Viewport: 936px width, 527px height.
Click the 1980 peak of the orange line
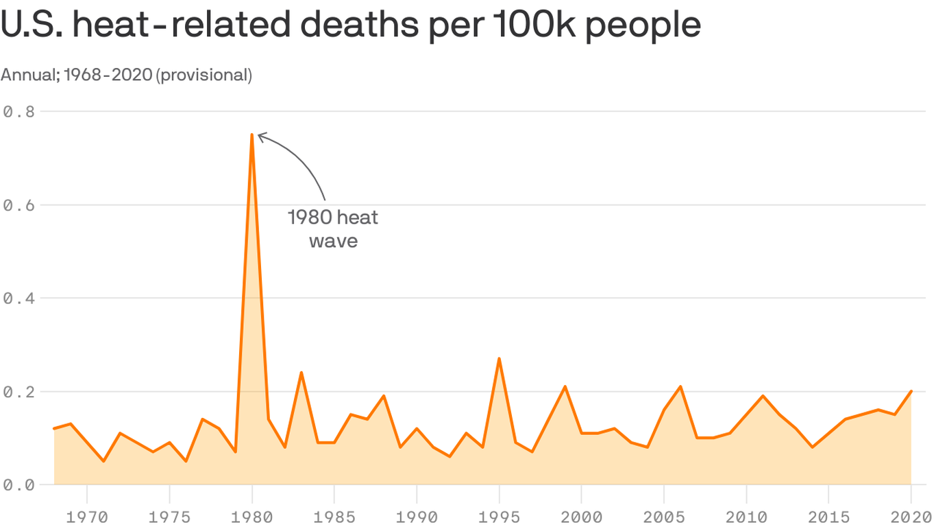[x=252, y=135]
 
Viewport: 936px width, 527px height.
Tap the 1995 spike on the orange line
[x=499, y=358]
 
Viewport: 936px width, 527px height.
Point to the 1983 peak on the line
[x=301, y=373]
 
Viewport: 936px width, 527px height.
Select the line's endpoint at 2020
[x=911, y=391]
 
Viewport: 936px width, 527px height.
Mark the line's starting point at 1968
[x=54, y=428]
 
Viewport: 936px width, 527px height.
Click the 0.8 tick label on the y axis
[x=19, y=111]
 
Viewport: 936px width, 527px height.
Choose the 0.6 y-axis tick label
[x=19, y=204]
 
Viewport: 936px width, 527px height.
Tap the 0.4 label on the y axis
[x=19, y=298]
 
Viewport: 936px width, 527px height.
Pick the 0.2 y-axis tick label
[x=19, y=391]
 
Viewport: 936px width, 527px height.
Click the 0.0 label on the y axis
[x=19, y=484]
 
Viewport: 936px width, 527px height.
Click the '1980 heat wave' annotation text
[x=333, y=229]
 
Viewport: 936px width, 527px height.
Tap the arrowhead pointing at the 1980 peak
[x=260, y=137]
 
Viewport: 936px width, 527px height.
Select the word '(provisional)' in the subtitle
[x=204, y=75]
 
